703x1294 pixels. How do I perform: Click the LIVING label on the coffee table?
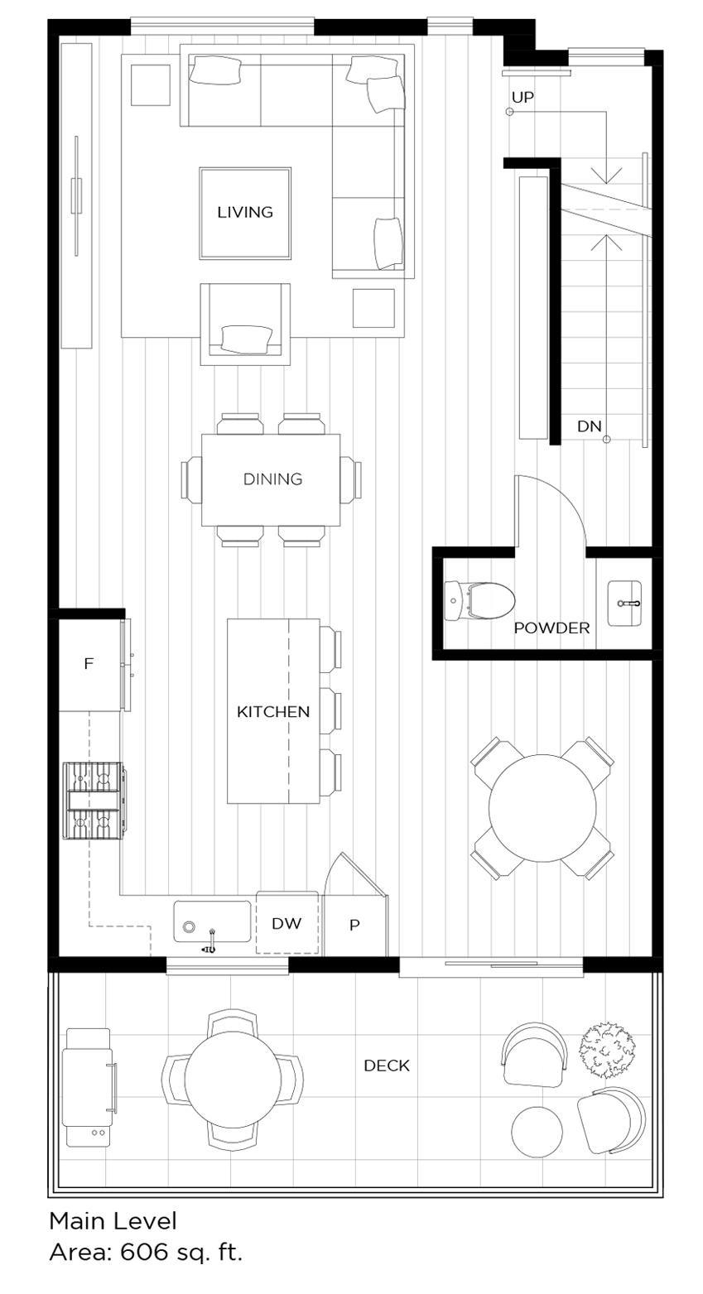(x=245, y=212)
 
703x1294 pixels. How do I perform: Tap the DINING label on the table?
(x=272, y=479)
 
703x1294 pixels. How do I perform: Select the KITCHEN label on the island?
(x=273, y=711)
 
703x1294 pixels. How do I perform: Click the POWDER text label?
(x=551, y=628)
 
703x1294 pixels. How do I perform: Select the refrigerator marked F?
(x=89, y=664)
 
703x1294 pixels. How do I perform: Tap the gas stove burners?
(x=93, y=800)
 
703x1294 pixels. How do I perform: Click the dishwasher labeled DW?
(x=287, y=923)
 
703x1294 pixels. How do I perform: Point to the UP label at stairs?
(x=522, y=97)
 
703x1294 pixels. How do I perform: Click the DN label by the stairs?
(x=589, y=426)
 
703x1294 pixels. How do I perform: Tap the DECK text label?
(x=387, y=1066)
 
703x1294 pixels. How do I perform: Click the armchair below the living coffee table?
(x=245, y=325)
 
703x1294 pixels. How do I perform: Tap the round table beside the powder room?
(x=542, y=807)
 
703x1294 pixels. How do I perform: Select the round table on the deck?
(x=232, y=1079)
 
